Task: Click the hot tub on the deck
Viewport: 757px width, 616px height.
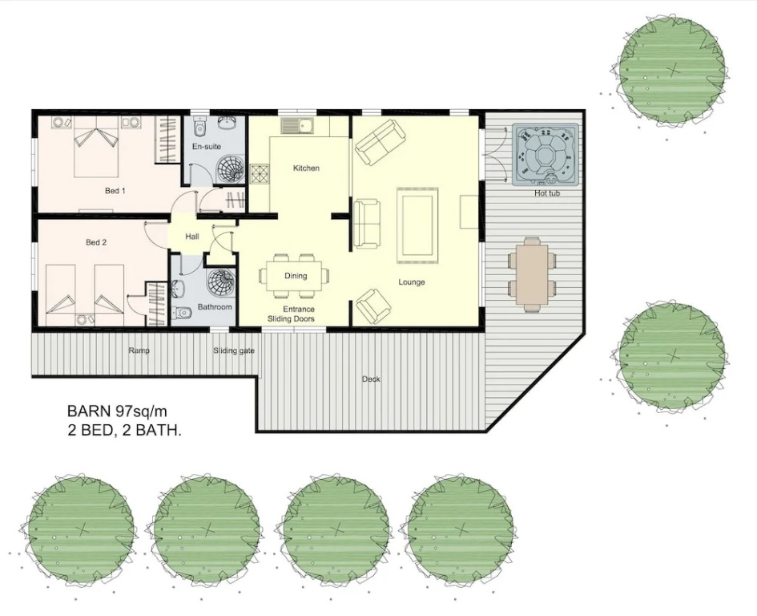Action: [x=545, y=155]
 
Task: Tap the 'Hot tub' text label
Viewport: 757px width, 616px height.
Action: [x=547, y=193]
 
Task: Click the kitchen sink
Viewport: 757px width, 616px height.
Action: [x=297, y=126]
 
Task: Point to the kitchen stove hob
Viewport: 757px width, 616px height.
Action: [x=260, y=175]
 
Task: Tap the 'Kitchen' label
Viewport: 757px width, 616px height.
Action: [x=306, y=168]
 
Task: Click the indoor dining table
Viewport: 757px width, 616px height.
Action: [x=295, y=276]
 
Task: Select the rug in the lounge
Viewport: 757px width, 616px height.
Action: [x=417, y=225]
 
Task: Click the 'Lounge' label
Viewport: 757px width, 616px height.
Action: [x=411, y=282]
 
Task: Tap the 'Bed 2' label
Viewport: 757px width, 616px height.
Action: [x=95, y=242]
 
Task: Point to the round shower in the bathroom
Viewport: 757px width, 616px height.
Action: [x=219, y=282]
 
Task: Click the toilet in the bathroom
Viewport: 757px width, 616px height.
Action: [x=182, y=313]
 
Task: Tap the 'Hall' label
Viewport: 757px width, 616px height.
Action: [x=192, y=237]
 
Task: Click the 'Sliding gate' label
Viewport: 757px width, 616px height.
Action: [x=234, y=351]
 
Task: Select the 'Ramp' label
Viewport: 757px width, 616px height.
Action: [x=139, y=351]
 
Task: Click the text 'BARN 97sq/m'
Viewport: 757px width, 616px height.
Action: [x=116, y=411]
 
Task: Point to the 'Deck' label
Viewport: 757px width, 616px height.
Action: [x=371, y=379]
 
